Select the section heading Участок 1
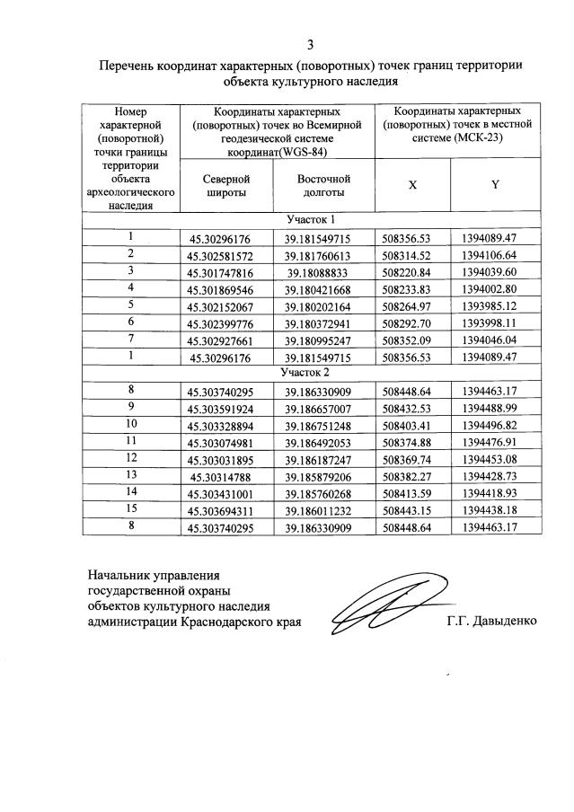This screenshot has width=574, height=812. coord(311,220)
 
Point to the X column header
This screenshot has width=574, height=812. coord(412,184)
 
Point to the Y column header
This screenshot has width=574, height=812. coord(495,184)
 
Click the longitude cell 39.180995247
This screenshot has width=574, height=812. coord(323,340)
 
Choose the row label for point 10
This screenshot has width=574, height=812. coord(131,423)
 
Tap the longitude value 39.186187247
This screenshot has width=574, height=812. coord(323,458)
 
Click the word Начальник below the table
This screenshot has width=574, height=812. coord(124,572)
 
